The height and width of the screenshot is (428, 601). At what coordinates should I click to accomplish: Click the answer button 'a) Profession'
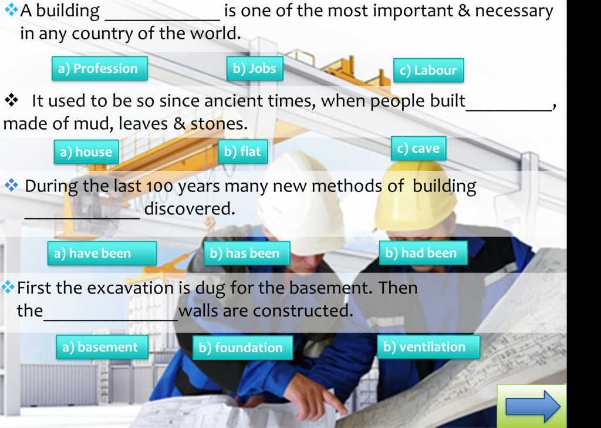[x=100, y=69]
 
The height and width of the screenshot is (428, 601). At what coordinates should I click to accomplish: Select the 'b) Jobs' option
[x=255, y=69]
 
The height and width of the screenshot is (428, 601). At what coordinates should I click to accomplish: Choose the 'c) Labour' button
[x=428, y=70]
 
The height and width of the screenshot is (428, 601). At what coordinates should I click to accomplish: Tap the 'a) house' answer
[x=86, y=152]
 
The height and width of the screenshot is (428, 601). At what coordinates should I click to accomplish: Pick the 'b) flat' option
[x=242, y=151]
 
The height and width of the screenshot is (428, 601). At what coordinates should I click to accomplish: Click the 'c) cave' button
[x=418, y=149]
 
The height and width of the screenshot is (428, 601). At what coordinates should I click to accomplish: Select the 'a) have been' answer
[x=102, y=253]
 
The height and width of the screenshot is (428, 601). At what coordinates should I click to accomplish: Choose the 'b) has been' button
[x=247, y=253]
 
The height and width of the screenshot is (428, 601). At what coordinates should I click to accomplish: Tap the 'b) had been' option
[x=423, y=252]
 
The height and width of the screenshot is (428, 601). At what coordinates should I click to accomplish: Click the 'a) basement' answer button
[x=102, y=347]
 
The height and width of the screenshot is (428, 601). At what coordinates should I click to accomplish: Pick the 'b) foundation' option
[x=242, y=348]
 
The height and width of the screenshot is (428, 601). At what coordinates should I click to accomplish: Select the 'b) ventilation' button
[x=428, y=347]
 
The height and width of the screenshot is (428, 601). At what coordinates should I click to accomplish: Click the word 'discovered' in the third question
[x=190, y=208]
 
